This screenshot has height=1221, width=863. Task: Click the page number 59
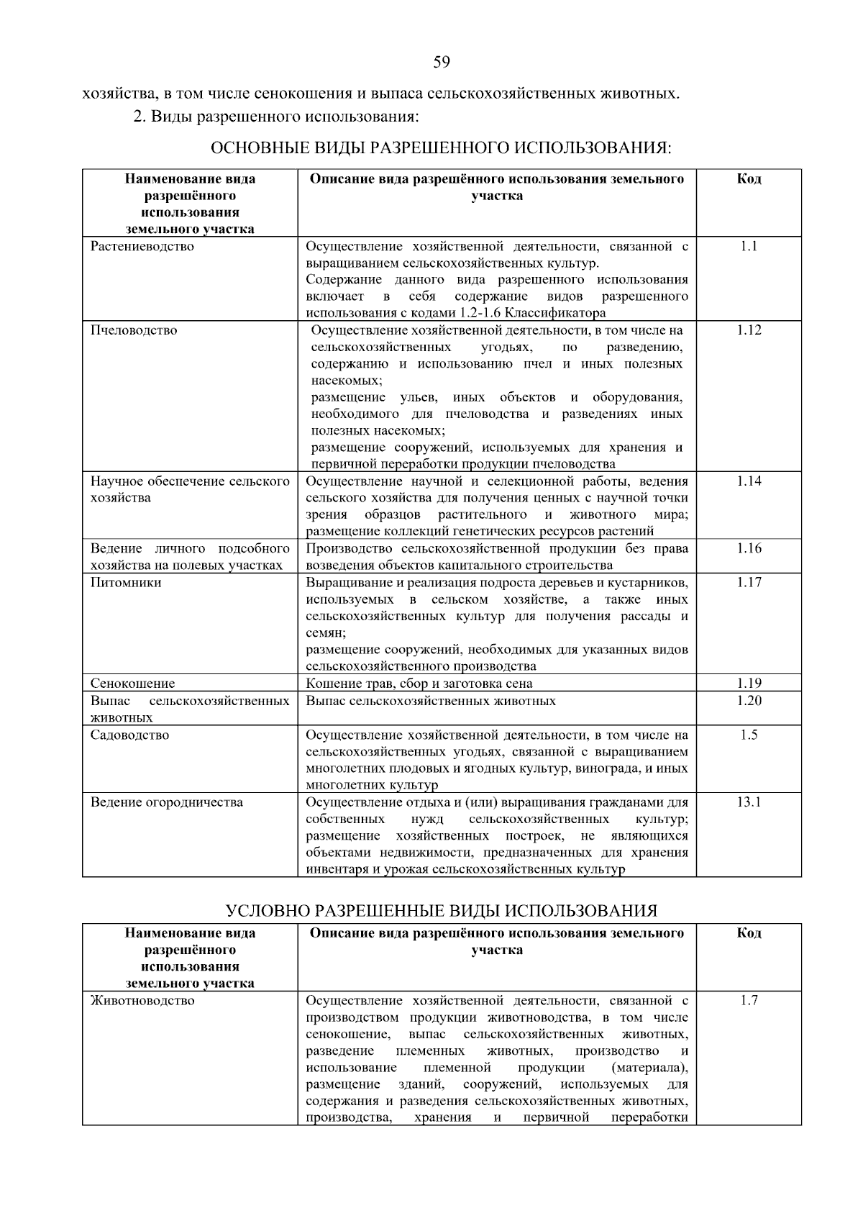(442, 63)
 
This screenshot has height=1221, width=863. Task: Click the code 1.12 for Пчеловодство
(749, 330)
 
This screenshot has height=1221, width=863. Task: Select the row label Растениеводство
(142, 247)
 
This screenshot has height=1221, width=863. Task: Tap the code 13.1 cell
(749, 802)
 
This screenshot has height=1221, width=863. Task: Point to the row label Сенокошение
(132, 684)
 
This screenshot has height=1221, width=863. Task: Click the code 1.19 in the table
(749, 683)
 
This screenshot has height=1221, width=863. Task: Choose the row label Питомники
(126, 583)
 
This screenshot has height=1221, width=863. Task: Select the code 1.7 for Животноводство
(749, 1001)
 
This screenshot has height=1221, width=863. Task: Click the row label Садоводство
(130, 735)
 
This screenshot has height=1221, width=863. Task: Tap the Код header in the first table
(749, 178)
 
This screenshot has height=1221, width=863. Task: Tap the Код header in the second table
(749, 933)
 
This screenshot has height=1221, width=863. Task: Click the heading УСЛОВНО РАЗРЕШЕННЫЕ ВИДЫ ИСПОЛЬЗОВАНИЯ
(442, 911)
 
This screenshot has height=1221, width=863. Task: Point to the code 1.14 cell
(749, 481)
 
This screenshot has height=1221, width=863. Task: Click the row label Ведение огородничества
(167, 802)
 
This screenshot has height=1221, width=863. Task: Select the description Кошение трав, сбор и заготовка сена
(419, 684)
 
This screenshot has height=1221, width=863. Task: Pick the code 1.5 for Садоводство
(749, 735)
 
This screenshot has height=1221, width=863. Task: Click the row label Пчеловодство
(134, 330)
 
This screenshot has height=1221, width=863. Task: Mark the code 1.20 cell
(749, 701)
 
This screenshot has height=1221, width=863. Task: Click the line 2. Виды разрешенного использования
(275, 116)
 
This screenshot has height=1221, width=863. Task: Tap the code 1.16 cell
(749, 549)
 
